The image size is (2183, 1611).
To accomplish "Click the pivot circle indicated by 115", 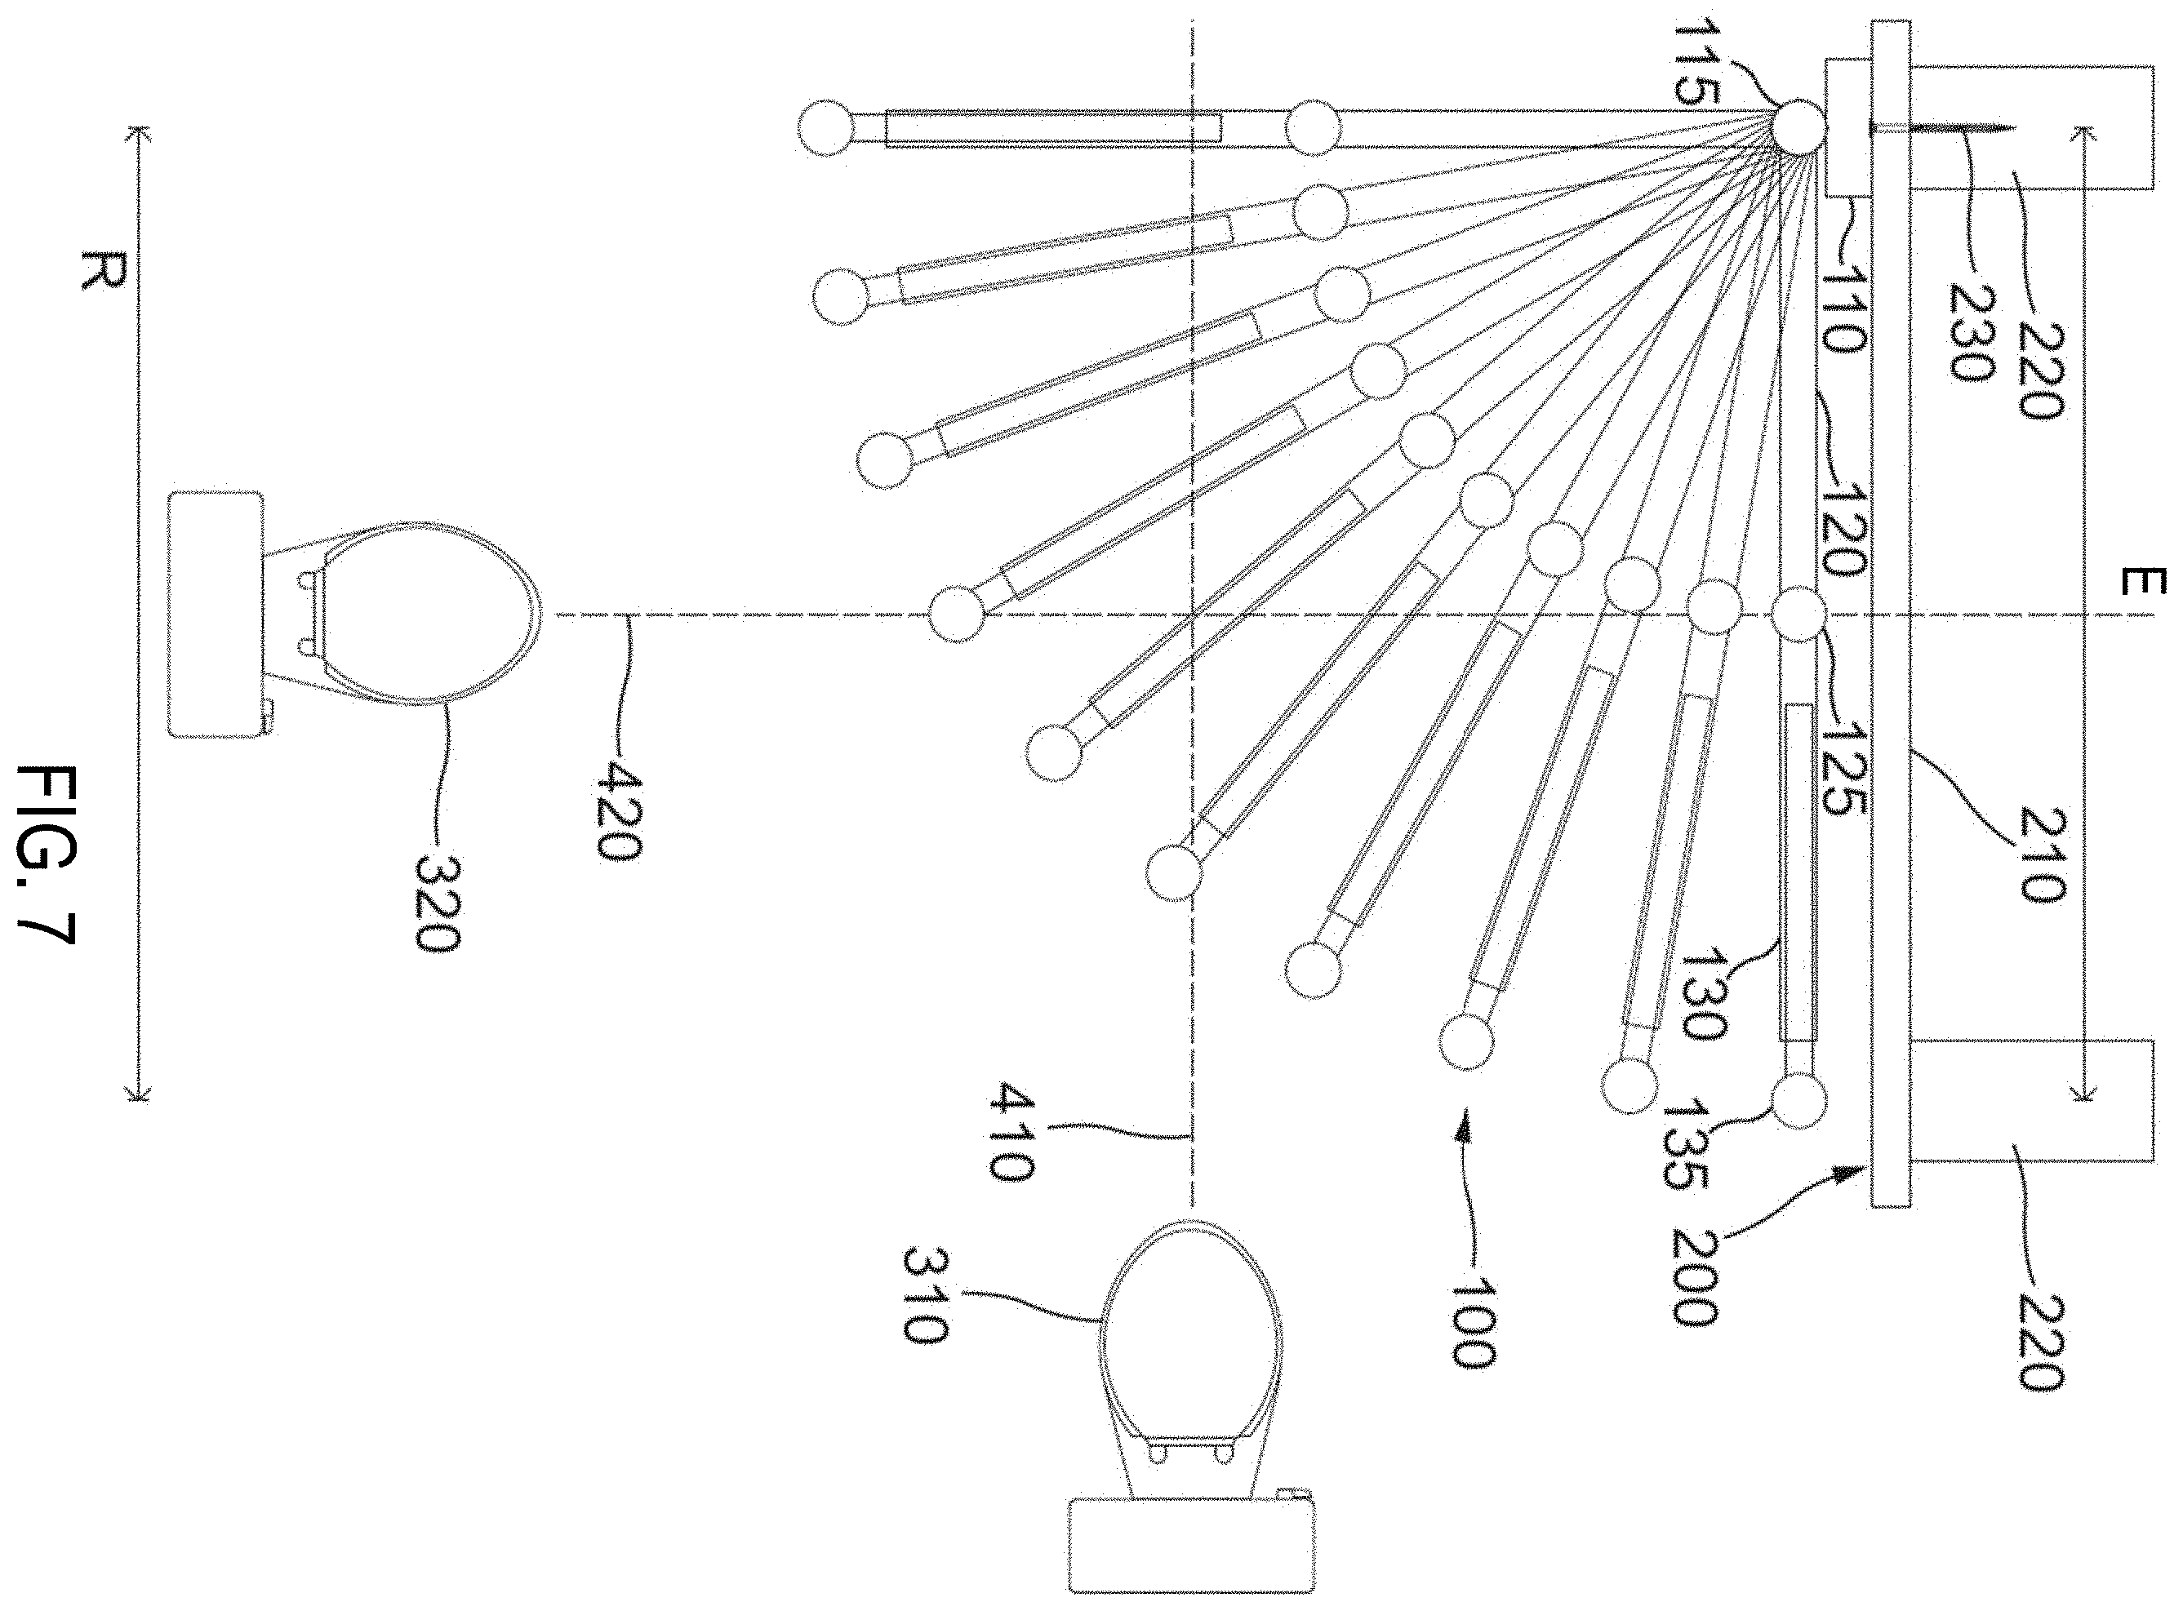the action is coord(1797,126).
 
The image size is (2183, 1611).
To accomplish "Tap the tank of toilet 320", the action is coord(216,615).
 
